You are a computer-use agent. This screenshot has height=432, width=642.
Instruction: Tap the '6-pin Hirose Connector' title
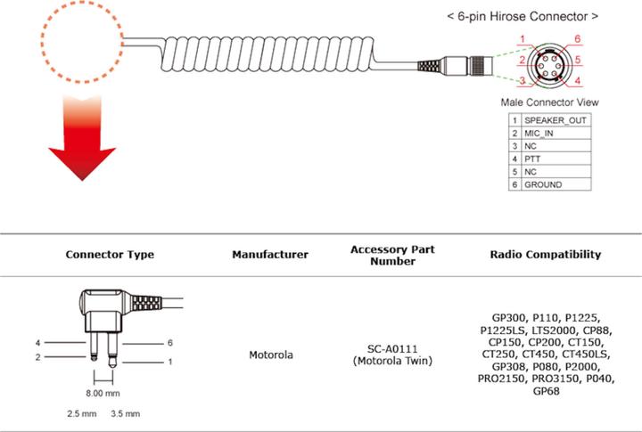522,16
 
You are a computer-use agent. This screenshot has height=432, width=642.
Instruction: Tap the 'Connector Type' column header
110,255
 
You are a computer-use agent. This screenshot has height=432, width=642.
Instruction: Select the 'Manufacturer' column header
270,255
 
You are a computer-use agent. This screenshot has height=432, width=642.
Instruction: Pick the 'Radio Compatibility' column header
545,255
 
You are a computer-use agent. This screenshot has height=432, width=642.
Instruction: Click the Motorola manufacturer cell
270,355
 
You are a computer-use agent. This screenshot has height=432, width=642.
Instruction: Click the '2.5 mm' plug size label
82,414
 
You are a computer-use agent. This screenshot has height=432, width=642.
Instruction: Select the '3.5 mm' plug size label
125,414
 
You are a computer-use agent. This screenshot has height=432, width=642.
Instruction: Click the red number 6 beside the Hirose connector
578,39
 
